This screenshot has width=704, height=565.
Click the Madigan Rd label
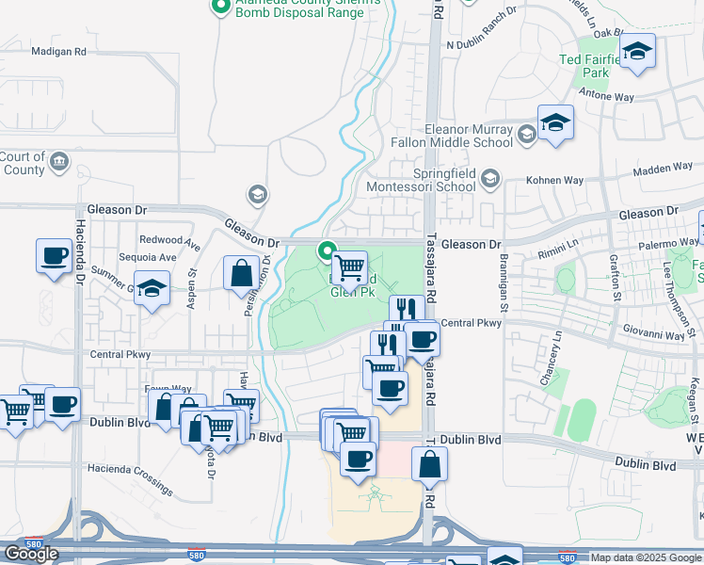point(58,52)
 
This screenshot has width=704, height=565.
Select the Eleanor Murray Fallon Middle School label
point(469,136)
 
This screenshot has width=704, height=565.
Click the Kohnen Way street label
point(535,180)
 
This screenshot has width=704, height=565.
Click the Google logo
point(31,554)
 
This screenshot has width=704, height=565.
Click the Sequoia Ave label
point(146,257)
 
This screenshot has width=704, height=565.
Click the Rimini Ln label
point(558,249)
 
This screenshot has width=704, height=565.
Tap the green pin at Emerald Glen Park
point(328,251)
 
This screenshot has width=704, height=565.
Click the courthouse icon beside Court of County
point(59,162)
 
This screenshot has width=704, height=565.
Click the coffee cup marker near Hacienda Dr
point(54,255)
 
